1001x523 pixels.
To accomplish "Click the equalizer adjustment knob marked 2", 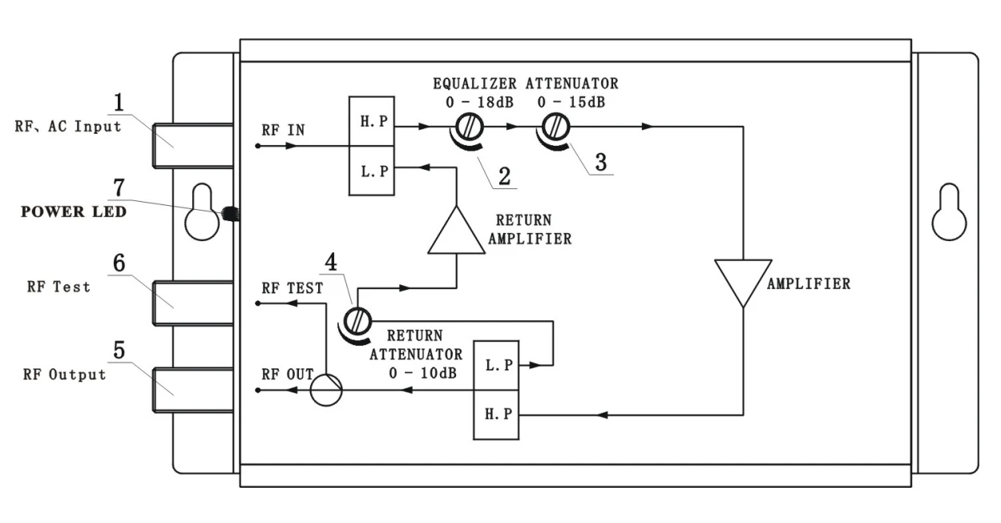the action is [469, 127].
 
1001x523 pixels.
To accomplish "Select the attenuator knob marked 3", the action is [555, 127].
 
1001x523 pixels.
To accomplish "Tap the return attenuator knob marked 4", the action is [357, 321].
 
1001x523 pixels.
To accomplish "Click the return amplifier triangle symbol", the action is [456, 230].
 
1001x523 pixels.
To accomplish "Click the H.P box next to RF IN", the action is [371, 121].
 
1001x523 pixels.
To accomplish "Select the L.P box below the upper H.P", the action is [371, 171].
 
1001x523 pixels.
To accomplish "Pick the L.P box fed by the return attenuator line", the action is [496, 365].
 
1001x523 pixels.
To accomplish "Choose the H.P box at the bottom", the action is [496, 415].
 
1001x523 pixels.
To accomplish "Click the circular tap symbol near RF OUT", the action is [326, 390].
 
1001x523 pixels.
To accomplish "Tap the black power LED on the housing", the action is [231, 214].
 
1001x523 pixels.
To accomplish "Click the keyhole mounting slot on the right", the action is [949, 211].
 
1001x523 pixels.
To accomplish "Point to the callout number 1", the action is [119, 103].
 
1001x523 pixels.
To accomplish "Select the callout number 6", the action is [119, 263].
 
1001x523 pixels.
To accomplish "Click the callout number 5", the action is [119, 350].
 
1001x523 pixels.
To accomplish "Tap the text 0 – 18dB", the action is [479, 103].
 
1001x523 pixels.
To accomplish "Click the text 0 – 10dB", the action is [422, 373].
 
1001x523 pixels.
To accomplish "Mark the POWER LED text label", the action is [74, 211].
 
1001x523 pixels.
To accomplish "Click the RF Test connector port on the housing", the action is [193, 303].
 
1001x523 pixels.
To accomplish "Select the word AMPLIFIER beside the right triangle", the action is [809, 284].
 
